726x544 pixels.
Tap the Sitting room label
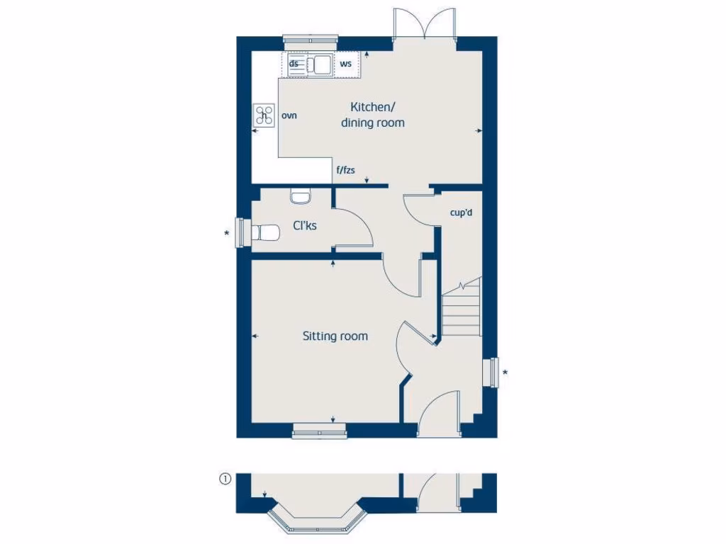pos(335,336)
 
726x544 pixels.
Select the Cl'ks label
pos(305,226)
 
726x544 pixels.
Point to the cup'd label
pos(461,212)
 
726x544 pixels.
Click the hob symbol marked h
pos(265,115)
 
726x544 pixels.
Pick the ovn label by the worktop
pos(289,115)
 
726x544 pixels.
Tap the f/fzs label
pos(345,170)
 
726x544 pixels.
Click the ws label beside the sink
pos(346,64)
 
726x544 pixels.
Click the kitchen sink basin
pos(322,65)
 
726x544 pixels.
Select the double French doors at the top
pos(424,24)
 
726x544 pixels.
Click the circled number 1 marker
pos(225,480)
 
